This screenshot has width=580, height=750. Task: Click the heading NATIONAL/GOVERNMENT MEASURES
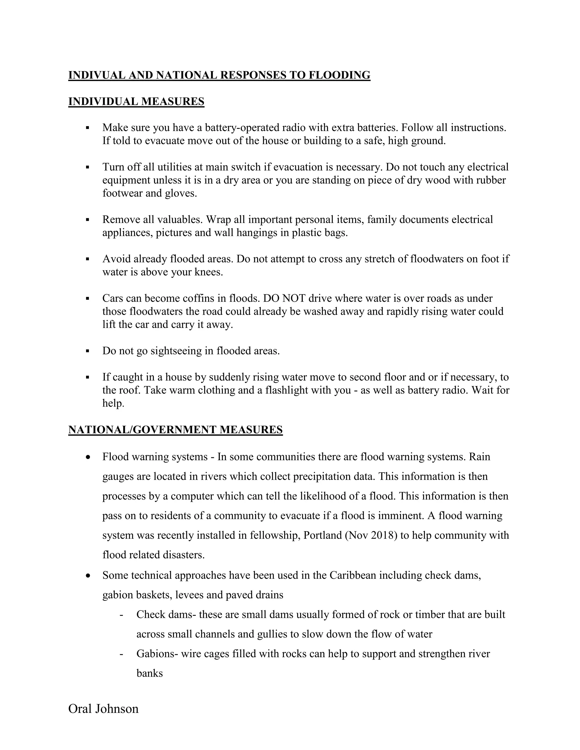tap(175, 430)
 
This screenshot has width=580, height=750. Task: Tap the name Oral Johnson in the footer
tap(103, 708)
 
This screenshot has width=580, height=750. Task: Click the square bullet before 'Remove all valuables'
tap(88, 219)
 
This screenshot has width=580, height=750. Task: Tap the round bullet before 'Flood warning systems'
tap(89, 457)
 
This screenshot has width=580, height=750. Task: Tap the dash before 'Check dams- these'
tap(121, 614)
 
